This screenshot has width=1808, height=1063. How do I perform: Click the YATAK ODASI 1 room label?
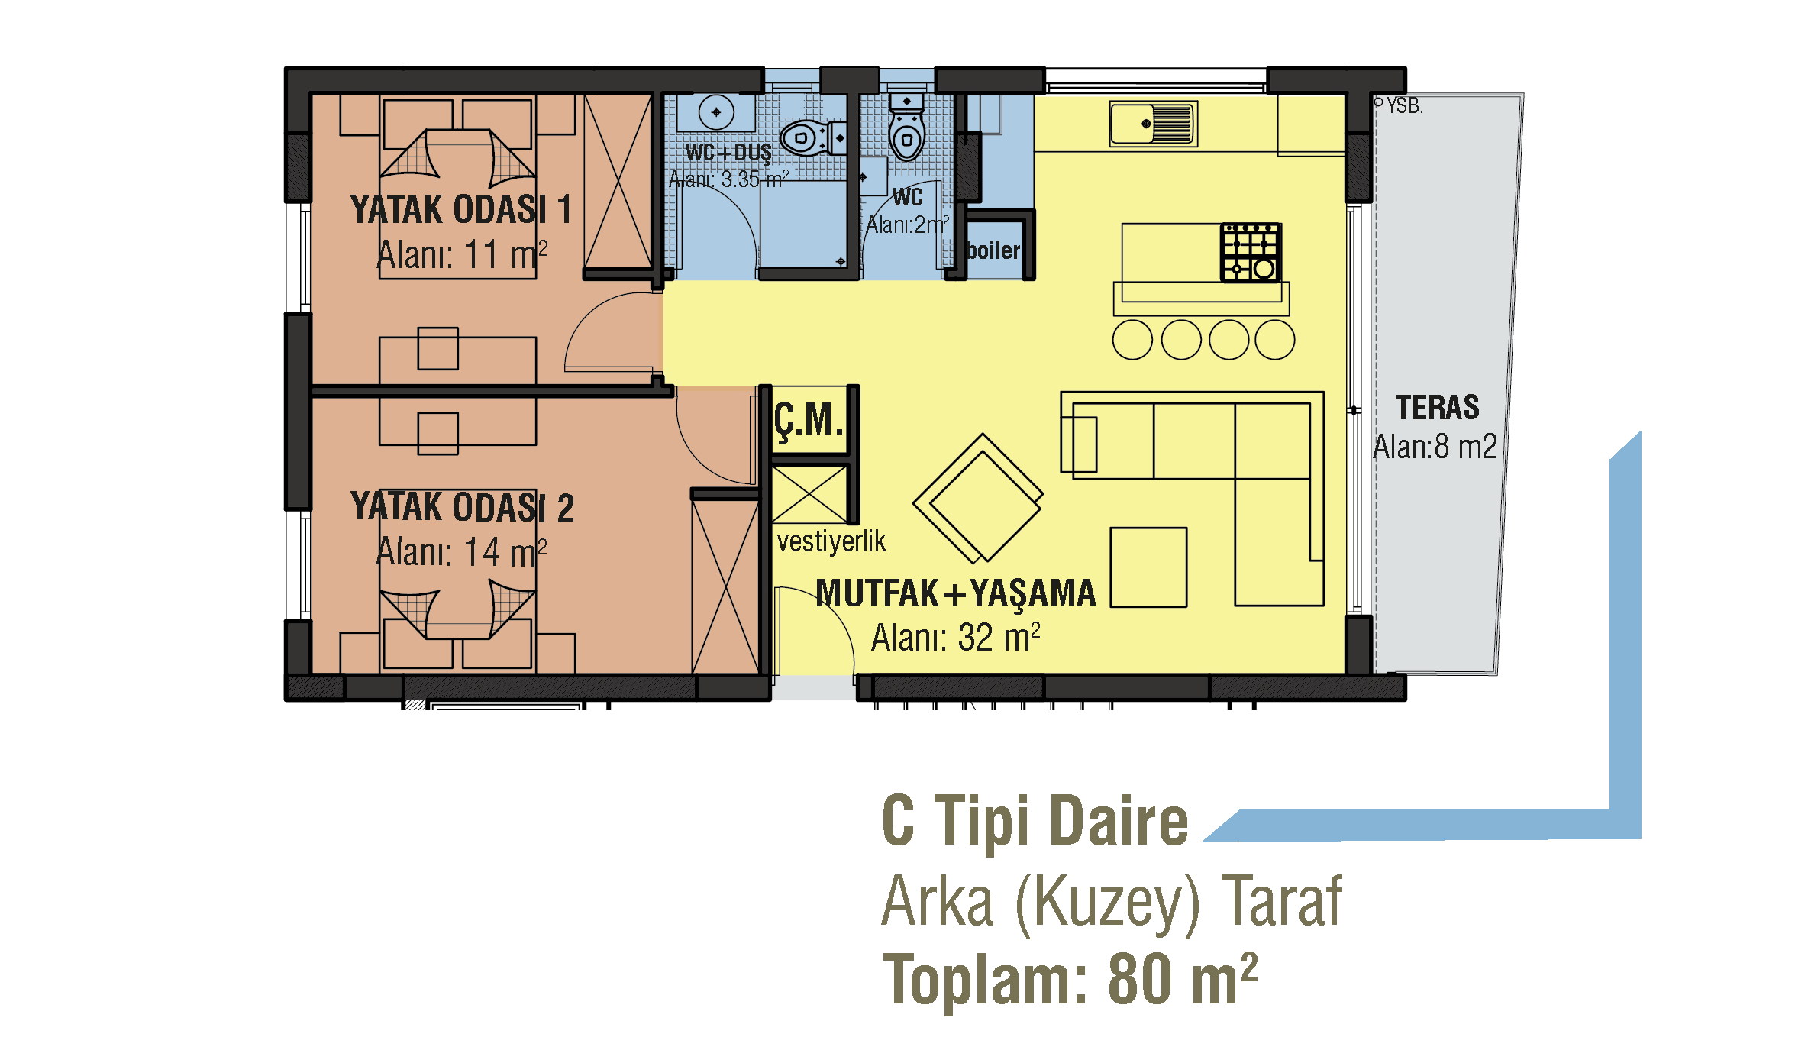coord(460,209)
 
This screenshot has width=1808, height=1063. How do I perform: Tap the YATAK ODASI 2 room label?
coord(462,508)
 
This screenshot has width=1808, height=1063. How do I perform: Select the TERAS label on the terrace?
coord(1438,408)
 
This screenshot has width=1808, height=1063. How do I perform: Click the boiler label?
coord(993,250)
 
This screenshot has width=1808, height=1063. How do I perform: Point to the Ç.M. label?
coord(809,421)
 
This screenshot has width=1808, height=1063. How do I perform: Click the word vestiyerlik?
coord(831,541)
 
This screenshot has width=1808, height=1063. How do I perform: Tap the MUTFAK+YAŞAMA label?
coord(956,594)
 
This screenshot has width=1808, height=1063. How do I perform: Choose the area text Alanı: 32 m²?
coord(956,638)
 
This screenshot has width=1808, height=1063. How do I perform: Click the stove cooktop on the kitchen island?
coord(1251,253)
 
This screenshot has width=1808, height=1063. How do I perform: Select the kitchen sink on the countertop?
coord(1154,124)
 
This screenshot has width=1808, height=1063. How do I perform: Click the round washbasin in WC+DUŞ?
coord(716,112)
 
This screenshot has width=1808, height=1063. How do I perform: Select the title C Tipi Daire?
coord(1035,822)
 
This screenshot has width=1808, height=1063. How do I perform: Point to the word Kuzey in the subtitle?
coord(1107,903)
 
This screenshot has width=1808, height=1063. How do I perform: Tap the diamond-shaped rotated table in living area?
coord(979,498)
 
